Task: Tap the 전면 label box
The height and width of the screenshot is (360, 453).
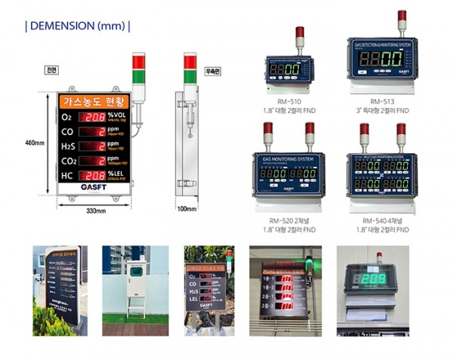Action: pyautogui.click(x=51, y=70)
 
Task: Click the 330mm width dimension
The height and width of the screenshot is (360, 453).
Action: pyautogui.click(x=95, y=209)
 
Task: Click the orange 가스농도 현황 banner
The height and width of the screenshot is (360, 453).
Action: pyautogui.click(x=95, y=100)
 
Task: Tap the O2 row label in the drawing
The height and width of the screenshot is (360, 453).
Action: pyautogui.click(x=66, y=118)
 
